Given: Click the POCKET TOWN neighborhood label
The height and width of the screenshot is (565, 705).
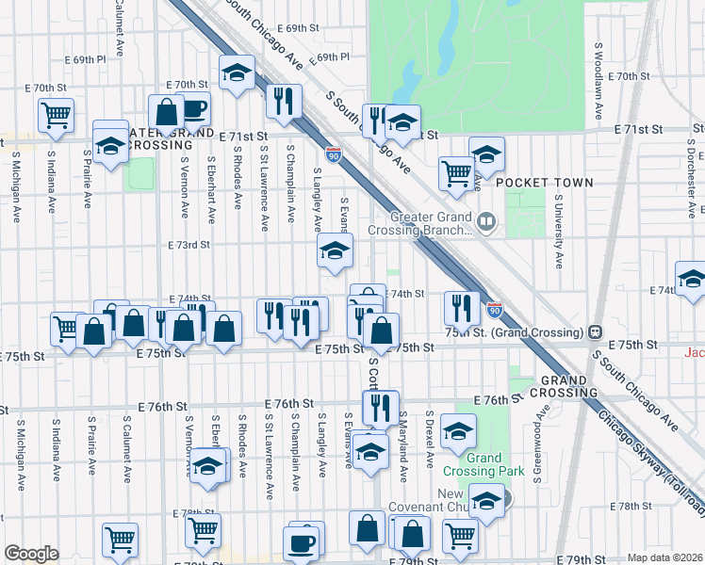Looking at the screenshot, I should click(x=545, y=183).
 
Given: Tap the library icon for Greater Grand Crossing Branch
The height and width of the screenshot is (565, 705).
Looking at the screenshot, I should click(x=486, y=222).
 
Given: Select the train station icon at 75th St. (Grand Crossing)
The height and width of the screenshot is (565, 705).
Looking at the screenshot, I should click(x=596, y=332).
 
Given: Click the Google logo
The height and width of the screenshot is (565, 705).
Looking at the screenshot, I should click(x=31, y=554).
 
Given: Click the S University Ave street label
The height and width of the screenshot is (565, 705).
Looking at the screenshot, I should click(x=558, y=233).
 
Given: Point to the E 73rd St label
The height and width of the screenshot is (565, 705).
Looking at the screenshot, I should click(x=185, y=245).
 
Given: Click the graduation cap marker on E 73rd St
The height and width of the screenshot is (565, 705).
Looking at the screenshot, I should click(x=334, y=251).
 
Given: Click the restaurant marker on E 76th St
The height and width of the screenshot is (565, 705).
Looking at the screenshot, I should click(x=380, y=407).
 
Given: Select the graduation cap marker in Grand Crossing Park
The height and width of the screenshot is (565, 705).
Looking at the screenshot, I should click(x=458, y=431).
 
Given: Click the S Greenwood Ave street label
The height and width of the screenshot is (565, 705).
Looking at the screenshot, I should click(x=541, y=444).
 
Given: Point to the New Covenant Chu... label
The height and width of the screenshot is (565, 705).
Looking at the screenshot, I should click(x=468, y=501).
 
